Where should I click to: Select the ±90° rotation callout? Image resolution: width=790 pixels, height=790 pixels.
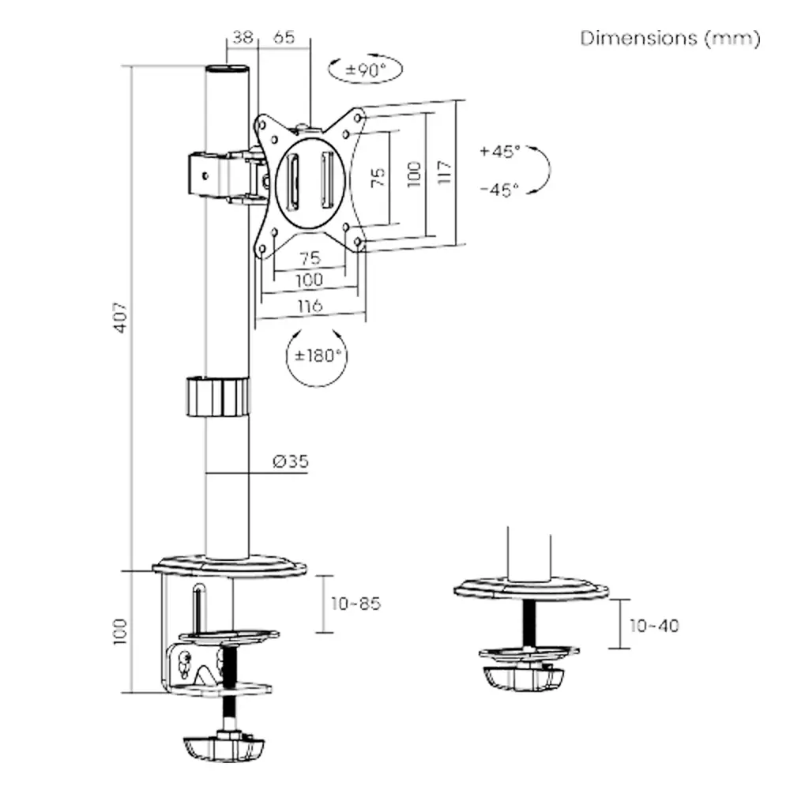(365, 70)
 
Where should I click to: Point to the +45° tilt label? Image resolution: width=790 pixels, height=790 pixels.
(499, 151)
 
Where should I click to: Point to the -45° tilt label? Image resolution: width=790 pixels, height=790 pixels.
(499, 190)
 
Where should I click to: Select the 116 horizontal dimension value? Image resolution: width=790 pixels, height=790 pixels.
(309, 306)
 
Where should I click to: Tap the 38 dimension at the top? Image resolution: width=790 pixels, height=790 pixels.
(241, 37)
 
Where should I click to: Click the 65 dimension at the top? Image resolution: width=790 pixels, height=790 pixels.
(285, 37)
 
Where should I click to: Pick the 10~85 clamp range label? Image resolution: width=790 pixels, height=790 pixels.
(355, 604)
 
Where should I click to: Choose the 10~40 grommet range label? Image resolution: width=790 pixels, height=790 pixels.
(654, 625)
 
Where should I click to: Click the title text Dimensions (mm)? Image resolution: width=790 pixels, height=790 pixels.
(670, 38)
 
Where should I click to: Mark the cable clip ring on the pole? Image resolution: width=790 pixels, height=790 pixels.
(216, 397)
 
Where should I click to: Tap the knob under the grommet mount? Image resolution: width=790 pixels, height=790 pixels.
(524, 678)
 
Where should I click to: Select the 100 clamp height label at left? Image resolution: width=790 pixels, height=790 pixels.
(119, 631)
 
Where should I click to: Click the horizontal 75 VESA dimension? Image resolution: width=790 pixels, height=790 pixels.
(309, 258)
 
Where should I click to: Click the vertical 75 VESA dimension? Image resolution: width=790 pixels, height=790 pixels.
(378, 176)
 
